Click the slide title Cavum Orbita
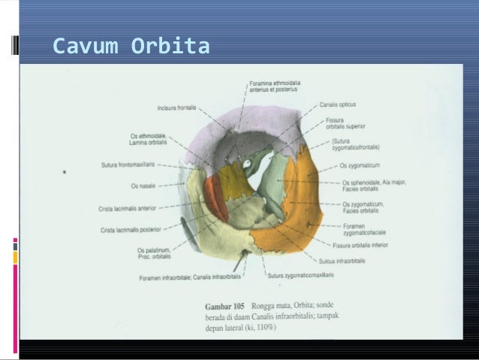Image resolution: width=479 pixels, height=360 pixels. coord(131,47)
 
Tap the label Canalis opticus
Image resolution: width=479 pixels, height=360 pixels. coord(337,104)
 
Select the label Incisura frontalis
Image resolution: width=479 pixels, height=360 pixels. coord(176,107)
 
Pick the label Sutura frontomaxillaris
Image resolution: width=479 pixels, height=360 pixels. coord(128,165)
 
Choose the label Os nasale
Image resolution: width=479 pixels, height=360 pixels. coord(144,186)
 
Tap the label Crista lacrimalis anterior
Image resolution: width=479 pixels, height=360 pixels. coord(127,208)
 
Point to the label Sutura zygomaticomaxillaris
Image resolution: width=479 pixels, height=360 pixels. coord(301,275)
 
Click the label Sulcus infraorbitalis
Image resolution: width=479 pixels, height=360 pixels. coord(342,260)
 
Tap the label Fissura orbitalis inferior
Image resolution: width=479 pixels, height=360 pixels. coord(360,244)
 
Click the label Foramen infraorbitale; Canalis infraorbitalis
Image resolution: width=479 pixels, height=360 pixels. coord(190,277)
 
